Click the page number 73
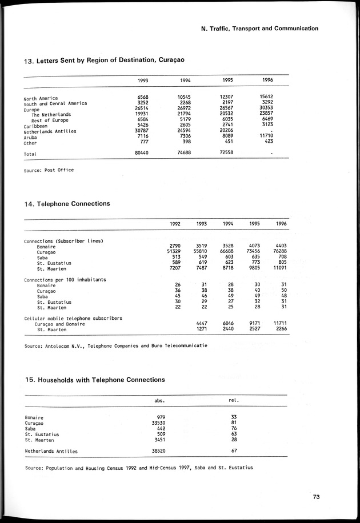pos(316,497)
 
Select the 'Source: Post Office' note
pos(49,170)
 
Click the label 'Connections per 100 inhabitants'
pos(65,280)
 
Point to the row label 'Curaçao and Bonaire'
pos(60,324)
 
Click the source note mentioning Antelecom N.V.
pos(116,346)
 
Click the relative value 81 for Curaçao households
pos(234,423)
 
